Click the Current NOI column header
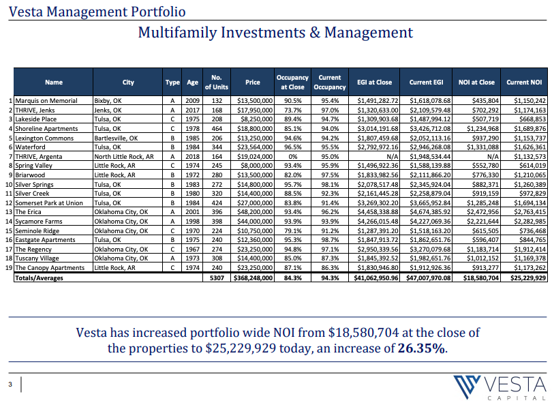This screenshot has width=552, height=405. tap(524, 82)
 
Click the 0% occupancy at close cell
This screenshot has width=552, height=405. tap(292, 156)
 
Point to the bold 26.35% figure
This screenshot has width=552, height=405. tap(421, 348)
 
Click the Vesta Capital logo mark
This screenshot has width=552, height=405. tap(466, 387)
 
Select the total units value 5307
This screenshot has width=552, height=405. tap(217, 278)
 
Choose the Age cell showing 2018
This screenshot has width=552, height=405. tap(193, 156)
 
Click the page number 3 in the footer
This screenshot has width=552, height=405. tap(10, 385)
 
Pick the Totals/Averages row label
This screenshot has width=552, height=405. tap(39, 278)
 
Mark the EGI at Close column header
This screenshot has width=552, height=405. tap(374, 82)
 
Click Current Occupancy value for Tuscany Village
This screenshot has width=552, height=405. tap(330, 258)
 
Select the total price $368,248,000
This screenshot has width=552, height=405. tap(253, 278)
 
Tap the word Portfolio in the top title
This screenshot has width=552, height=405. tap(158, 12)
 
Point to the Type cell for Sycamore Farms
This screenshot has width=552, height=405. tap(172, 221)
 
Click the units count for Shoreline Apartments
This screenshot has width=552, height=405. tap(217, 129)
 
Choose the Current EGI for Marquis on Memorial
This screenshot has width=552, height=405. tap(430, 101)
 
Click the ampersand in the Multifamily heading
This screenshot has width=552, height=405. tap(315, 33)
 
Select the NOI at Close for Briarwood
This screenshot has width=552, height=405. tap(485, 175)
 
